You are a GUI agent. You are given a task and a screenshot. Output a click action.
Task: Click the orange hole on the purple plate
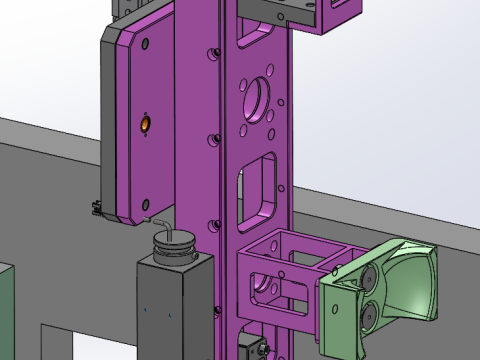(145, 123)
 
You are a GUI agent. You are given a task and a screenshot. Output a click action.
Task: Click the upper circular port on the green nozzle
(370, 277)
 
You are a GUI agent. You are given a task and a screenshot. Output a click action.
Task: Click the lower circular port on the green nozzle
(367, 315)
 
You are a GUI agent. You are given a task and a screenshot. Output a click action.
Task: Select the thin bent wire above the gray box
(158, 223)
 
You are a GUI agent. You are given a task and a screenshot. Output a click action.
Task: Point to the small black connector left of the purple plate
(95, 209)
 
